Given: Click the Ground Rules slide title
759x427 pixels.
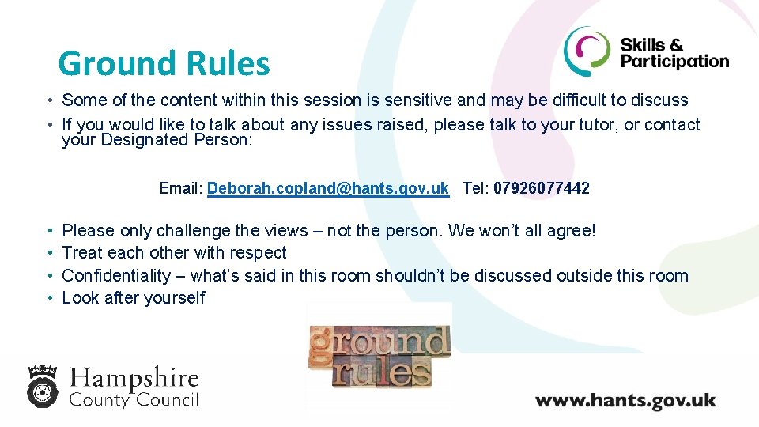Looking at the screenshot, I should [164, 63].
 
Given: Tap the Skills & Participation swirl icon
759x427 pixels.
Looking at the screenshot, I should [587, 51].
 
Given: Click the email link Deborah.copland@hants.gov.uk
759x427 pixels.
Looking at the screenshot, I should [327, 188].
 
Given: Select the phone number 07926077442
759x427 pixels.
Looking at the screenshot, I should [542, 188].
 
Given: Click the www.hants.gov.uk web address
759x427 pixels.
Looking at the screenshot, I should [625, 399].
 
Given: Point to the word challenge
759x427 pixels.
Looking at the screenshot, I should [193, 231].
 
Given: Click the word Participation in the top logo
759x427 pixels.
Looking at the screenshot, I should [674, 62].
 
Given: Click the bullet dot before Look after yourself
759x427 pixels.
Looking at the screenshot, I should [50, 299].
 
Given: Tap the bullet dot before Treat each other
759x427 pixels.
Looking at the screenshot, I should [50, 254].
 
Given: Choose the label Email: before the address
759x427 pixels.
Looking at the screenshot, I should [181, 188].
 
